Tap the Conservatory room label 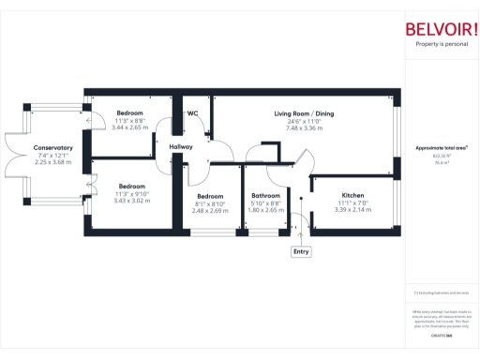pyautogui.click(x=52, y=147)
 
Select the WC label pyautogui.click(x=192, y=113)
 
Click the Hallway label pyautogui.click(x=181, y=147)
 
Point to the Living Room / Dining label pyautogui.click(x=304, y=114)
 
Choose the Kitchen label pyautogui.click(x=352, y=195)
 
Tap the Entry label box pyautogui.click(x=301, y=251)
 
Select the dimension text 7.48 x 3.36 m pyautogui.click(x=304, y=127)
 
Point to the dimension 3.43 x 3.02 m pyautogui.click(x=129, y=201)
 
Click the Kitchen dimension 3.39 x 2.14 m pyautogui.click(x=353, y=210)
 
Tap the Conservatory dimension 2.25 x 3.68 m pyautogui.click(x=52, y=161)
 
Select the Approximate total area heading pyautogui.click(x=442, y=148)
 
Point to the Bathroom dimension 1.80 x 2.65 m pyautogui.click(x=266, y=210)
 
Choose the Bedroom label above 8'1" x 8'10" pyautogui.click(x=210, y=196)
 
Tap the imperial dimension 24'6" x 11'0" pyautogui.click(x=304, y=121)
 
